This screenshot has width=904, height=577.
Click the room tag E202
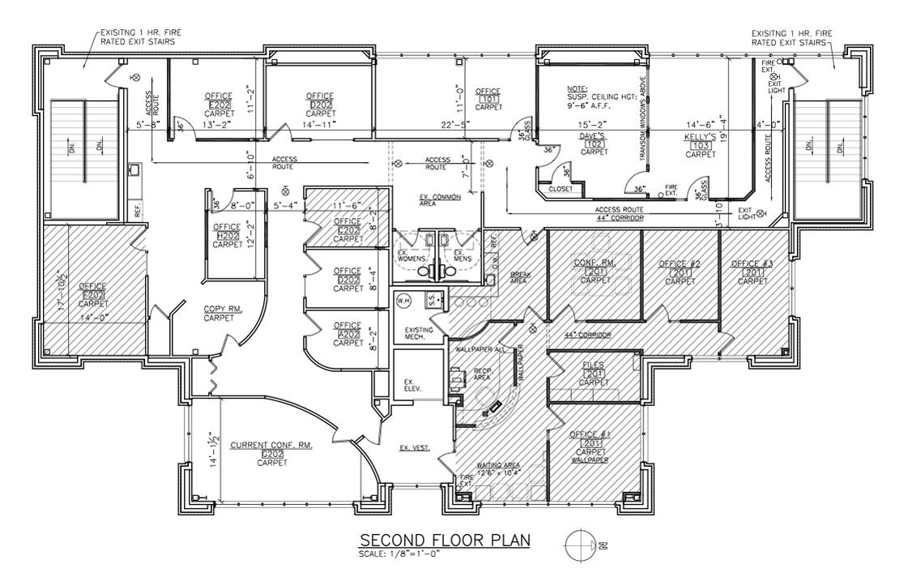tap(220, 105)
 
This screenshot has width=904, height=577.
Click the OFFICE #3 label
tap(752, 264)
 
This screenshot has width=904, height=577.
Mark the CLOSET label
tap(560, 189)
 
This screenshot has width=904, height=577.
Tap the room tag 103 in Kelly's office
tap(698, 145)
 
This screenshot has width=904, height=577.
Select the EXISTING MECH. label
tap(419, 334)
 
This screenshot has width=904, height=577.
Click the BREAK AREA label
tap(518, 277)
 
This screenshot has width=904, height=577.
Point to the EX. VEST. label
tap(414, 448)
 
